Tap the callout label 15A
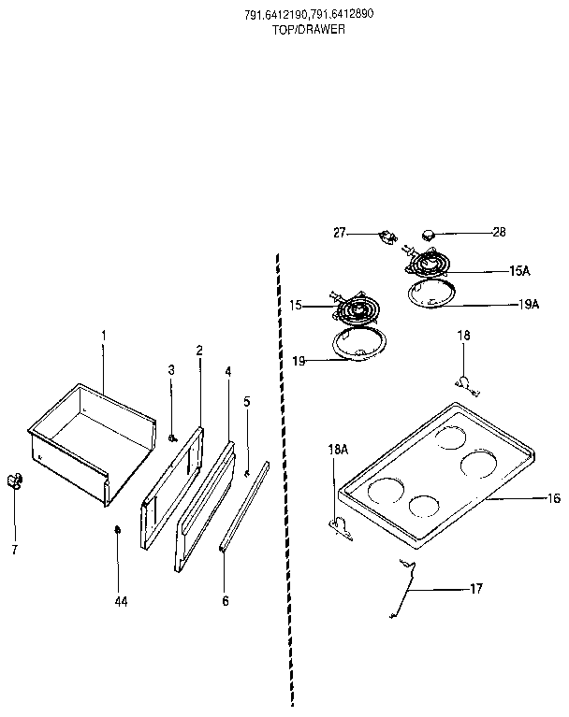[x=519, y=270]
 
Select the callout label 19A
[x=529, y=304]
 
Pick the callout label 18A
[x=337, y=449]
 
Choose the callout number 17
[x=475, y=589]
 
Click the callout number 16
[x=553, y=498]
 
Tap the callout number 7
[x=14, y=550]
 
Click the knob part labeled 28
[x=430, y=232]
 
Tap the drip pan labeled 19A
[x=433, y=294]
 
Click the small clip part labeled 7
[x=15, y=480]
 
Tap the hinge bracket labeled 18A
[x=342, y=528]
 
